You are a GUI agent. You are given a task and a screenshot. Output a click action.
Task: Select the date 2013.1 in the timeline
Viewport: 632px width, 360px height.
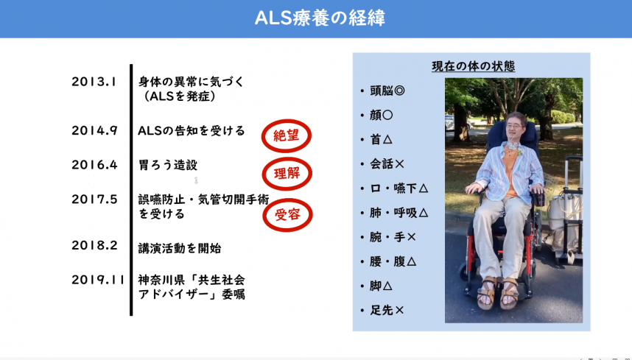coord(94,82)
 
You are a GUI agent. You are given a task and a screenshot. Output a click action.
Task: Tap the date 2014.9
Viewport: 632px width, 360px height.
coord(94,130)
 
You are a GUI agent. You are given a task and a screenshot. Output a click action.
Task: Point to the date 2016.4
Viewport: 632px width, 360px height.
coord(94,165)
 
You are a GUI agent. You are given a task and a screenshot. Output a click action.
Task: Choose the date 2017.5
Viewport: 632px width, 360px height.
coord(94,199)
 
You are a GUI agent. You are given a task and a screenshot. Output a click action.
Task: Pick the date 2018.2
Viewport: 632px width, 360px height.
coord(94,246)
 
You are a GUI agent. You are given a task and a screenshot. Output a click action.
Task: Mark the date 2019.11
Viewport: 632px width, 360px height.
coord(97,280)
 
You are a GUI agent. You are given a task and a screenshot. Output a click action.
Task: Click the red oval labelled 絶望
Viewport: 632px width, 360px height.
coord(287,136)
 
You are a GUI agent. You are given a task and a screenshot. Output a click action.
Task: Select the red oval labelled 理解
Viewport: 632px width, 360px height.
coord(287,174)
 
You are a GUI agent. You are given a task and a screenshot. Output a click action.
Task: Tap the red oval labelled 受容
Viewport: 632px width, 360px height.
coord(287,215)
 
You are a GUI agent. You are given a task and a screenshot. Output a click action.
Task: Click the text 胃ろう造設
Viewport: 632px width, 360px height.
coord(168,165)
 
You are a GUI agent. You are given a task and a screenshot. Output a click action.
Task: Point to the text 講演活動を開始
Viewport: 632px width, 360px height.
coord(180,248)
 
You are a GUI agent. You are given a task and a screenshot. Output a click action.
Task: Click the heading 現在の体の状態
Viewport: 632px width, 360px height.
coord(473,67)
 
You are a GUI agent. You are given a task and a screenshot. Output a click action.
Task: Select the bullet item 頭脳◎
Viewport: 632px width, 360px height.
coord(386,91)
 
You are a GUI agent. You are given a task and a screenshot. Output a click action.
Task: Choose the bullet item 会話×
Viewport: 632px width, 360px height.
coord(387,163)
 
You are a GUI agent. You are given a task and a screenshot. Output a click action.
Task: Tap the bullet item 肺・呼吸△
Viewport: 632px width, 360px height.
coord(398,213)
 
